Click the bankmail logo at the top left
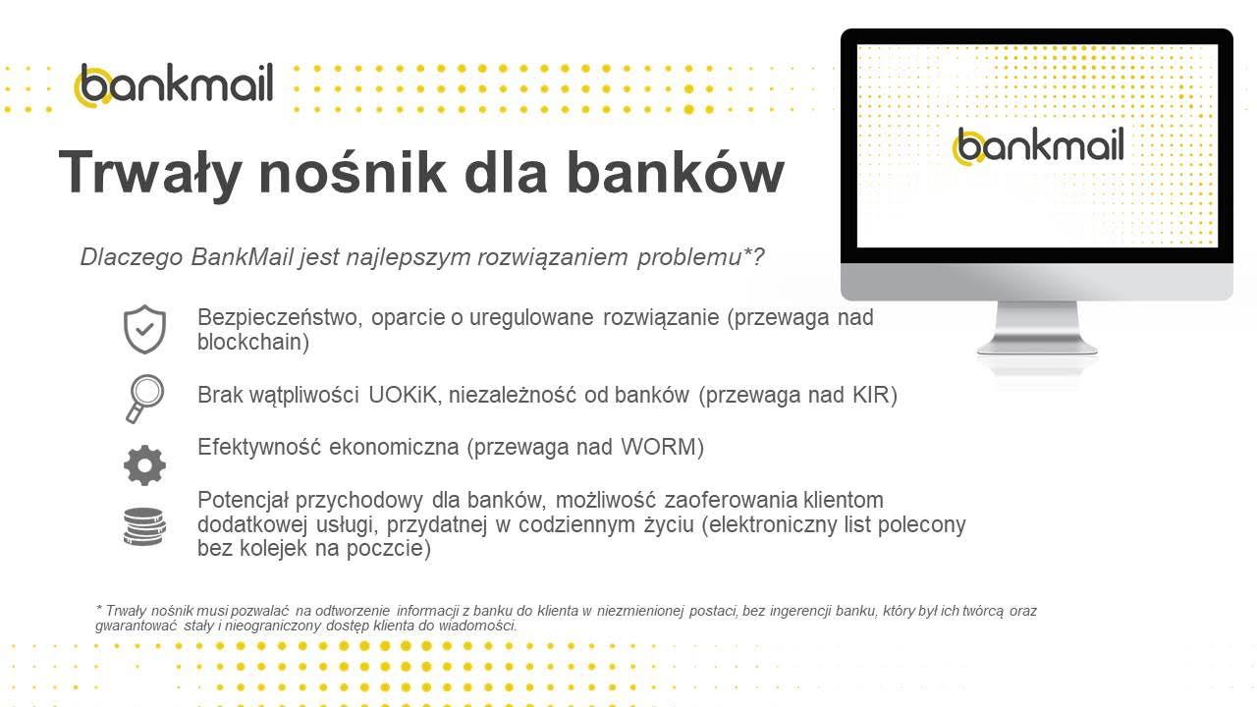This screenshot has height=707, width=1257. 174,84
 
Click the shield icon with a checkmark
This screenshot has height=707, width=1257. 144,329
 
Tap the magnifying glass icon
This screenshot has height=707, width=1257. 144,399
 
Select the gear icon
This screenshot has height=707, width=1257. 144,465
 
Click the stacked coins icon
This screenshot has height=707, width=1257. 144,526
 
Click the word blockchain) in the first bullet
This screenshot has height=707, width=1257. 253,343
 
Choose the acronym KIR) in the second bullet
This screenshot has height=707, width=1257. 875,395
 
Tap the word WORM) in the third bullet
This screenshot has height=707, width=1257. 662,447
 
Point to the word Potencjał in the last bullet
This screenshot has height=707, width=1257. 243,500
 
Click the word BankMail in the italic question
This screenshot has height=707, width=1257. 242,257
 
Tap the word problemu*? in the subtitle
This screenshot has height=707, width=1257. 700,257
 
